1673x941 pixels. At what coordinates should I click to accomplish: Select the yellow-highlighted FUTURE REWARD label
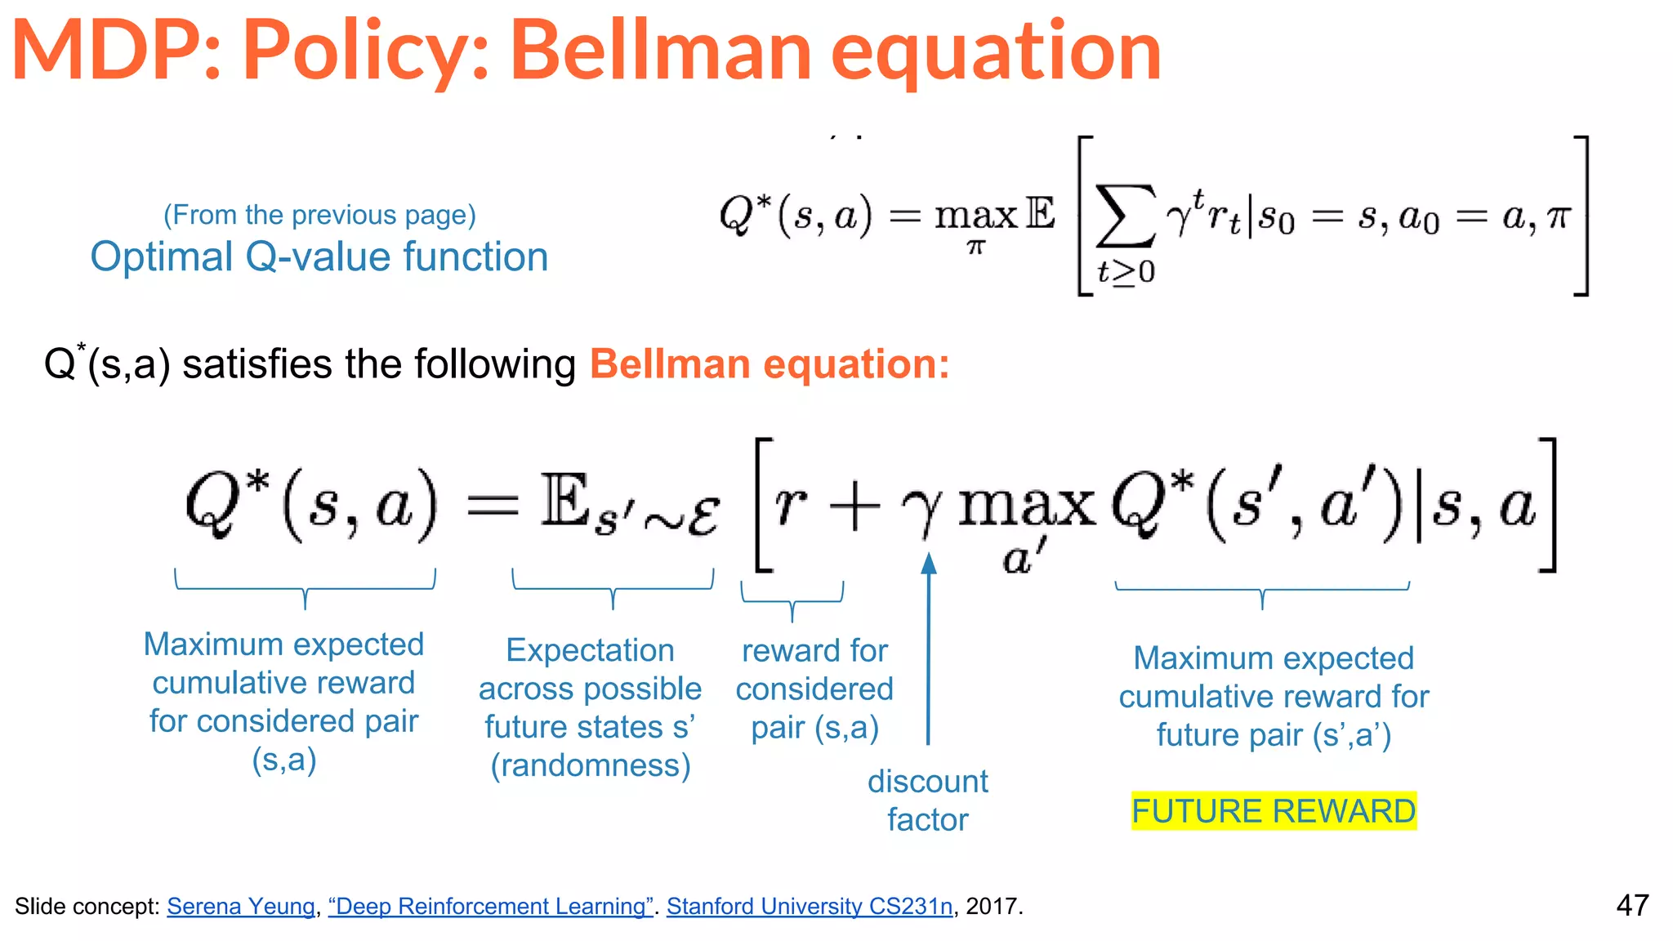pyautogui.click(x=1273, y=811)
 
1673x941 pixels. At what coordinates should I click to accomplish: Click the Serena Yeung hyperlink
pyautogui.click(x=241, y=906)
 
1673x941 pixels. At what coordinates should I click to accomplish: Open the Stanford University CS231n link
pyautogui.click(x=809, y=906)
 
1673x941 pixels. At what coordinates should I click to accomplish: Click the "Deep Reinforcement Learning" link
pyautogui.click(x=490, y=906)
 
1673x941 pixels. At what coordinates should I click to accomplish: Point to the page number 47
pyautogui.click(x=1632, y=905)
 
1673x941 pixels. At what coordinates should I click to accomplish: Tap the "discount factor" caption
pyautogui.click(x=928, y=801)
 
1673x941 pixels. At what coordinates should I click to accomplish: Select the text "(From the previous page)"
pyautogui.click(x=319, y=215)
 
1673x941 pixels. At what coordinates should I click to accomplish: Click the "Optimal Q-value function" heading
pyautogui.click(x=319, y=257)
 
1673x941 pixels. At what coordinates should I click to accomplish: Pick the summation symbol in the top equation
pyautogui.click(x=1125, y=216)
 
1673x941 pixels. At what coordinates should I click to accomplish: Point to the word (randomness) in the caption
pyautogui.click(x=591, y=765)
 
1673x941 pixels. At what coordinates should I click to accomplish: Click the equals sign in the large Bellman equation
pyautogui.click(x=493, y=506)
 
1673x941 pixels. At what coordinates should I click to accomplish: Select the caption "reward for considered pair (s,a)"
pyautogui.click(x=814, y=689)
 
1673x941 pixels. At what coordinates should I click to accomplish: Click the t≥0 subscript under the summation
pyautogui.click(x=1126, y=272)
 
